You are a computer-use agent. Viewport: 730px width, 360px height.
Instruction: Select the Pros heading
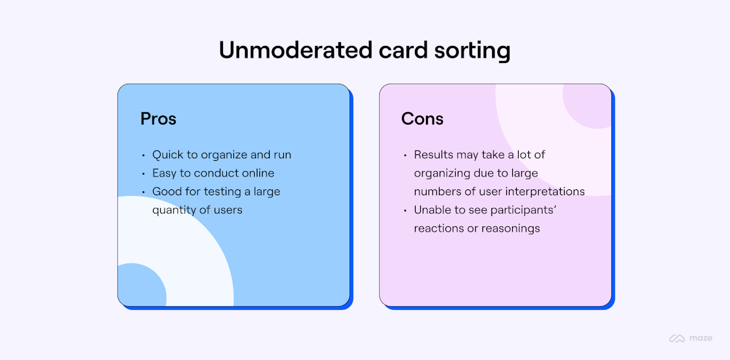(158, 119)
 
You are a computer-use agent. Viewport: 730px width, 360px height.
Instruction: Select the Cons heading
(422, 119)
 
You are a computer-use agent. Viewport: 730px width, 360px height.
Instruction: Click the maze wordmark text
(701, 338)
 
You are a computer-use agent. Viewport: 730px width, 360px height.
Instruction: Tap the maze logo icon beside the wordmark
(677, 338)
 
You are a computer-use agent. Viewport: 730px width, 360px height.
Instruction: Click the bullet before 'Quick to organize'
(143, 156)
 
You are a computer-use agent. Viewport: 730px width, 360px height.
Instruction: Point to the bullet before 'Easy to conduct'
(143, 174)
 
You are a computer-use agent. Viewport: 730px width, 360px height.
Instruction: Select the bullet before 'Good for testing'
(143, 192)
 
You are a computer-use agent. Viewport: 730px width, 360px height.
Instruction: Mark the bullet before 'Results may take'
(405, 156)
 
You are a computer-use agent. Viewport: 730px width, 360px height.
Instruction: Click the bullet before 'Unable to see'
(405, 211)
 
